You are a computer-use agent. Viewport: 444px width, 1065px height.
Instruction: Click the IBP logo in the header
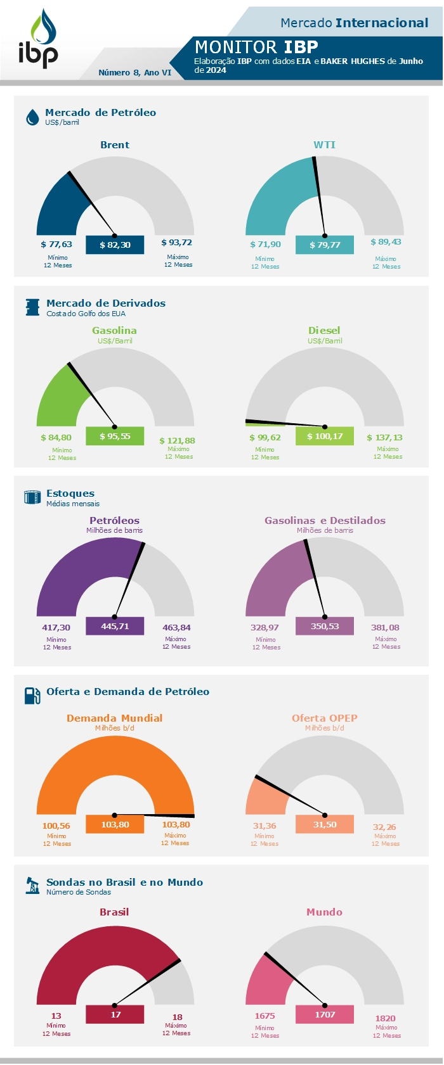[x=38, y=39]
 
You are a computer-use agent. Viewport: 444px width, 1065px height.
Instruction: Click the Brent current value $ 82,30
[x=115, y=245]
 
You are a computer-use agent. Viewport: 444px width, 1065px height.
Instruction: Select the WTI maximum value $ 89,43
[x=386, y=242]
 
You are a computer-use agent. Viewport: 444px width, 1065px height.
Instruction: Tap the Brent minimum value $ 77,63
[x=56, y=244]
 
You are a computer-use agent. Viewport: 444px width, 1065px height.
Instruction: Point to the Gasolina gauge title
[x=114, y=330]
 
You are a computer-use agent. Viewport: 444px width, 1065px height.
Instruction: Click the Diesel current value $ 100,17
[x=325, y=436]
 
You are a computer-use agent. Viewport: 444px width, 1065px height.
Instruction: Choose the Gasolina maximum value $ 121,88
[x=177, y=440]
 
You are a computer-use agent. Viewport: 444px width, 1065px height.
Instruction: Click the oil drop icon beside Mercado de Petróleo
[x=32, y=117]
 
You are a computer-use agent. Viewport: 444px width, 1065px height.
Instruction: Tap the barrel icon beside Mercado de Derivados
[x=32, y=307]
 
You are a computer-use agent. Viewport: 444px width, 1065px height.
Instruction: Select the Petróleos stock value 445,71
[x=115, y=626]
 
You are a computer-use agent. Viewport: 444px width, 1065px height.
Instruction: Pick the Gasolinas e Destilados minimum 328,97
[x=264, y=627]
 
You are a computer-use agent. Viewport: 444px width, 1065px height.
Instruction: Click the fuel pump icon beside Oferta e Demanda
[x=32, y=696]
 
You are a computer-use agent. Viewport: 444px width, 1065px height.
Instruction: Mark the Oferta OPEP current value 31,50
[x=325, y=824]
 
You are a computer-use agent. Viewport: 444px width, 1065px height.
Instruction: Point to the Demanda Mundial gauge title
[x=114, y=718]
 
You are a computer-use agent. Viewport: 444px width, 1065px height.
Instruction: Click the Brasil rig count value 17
[x=115, y=1014]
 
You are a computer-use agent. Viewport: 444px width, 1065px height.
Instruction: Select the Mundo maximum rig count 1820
[x=385, y=1018]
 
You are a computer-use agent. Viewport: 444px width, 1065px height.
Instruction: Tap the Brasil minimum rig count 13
[x=56, y=1016]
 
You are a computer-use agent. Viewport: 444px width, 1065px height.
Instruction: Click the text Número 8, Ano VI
[x=134, y=72]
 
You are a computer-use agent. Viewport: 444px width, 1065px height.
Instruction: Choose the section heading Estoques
[x=70, y=493]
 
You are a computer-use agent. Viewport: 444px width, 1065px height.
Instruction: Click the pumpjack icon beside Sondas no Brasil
[x=32, y=885]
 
